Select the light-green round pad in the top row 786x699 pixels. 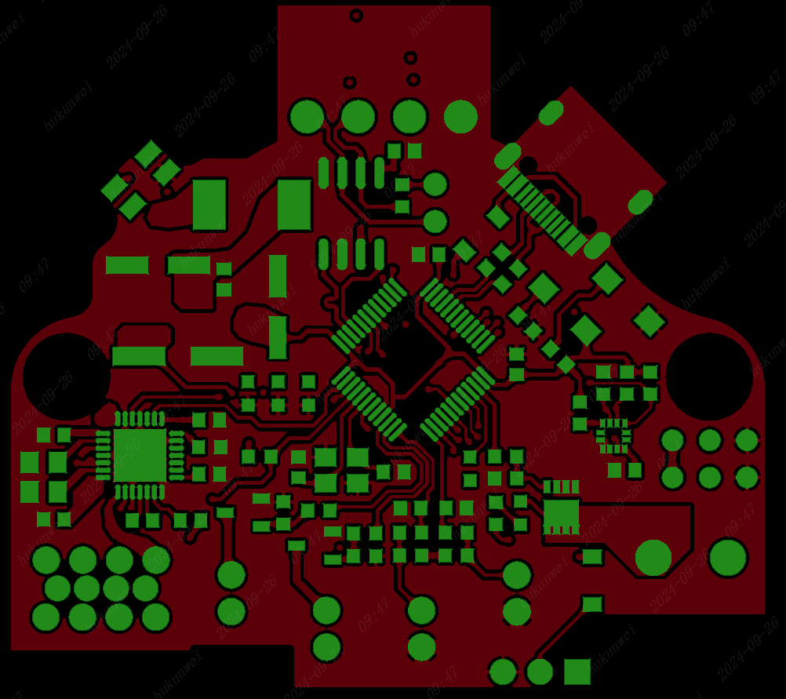460,116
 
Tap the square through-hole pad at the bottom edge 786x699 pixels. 577,672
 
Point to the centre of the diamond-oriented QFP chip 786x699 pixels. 413,358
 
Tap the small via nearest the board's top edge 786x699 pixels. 356,15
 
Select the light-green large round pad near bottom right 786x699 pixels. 653,557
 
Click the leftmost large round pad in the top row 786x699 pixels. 306,116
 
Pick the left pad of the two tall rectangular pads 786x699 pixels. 209,204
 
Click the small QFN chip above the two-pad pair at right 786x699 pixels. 613,434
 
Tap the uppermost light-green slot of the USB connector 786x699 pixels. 551,112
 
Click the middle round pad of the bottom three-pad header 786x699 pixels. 540,672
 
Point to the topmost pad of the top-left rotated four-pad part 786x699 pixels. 148,154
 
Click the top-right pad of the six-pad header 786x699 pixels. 747,440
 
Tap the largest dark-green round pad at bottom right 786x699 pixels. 728,557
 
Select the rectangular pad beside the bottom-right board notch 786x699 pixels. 592,603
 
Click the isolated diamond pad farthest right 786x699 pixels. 649,321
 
